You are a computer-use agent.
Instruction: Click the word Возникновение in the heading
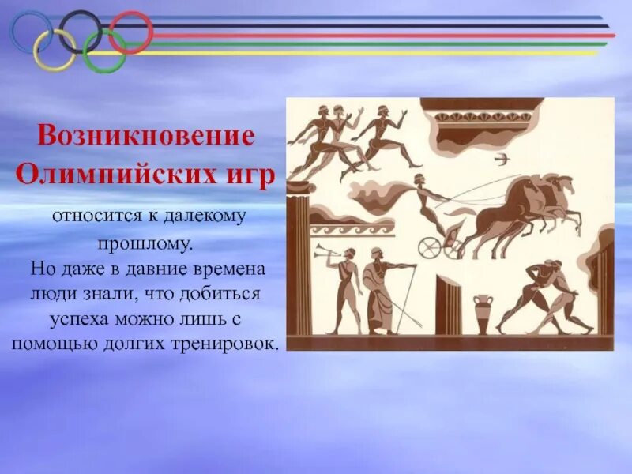coord(146,135)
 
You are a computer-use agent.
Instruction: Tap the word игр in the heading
coord(251,175)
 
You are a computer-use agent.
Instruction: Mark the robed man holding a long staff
coord(380,292)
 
